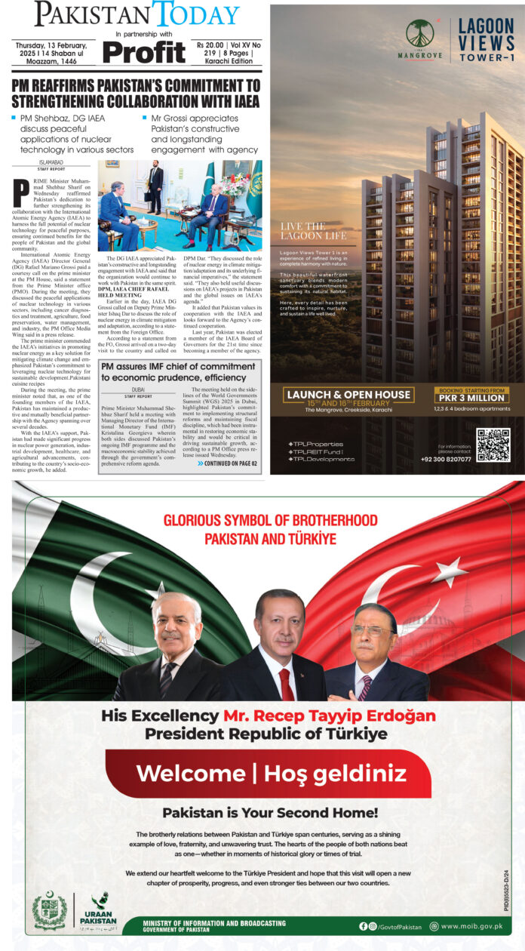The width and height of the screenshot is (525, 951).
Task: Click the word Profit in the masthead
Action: coord(143,51)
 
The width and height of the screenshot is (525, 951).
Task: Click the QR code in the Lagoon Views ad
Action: coord(493,445)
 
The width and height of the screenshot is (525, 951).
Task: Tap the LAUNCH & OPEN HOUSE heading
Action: coord(348,395)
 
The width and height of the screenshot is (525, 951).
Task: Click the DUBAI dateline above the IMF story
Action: coord(137,389)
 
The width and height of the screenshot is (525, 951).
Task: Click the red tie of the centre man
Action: coord(287,683)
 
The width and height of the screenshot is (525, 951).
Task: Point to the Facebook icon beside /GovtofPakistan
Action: coord(364,926)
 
